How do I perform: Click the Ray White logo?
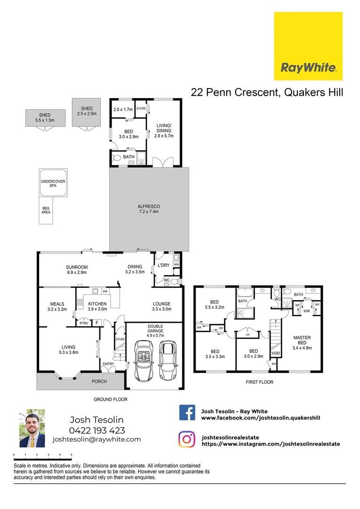click(x=308, y=46)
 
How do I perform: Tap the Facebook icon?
click(x=187, y=413)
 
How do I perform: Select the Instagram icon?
click(x=187, y=439)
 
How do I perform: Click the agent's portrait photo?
click(x=32, y=428)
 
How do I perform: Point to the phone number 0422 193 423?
click(x=97, y=430)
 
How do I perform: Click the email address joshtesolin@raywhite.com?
click(x=97, y=439)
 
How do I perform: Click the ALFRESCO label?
click(x=149, y=209)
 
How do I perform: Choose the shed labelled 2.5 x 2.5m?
click(x=86, y=111)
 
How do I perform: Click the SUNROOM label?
click(x=77, y=270)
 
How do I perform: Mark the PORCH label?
click(x=99, y=381)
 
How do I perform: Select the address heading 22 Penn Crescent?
click(x=267, y=92)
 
